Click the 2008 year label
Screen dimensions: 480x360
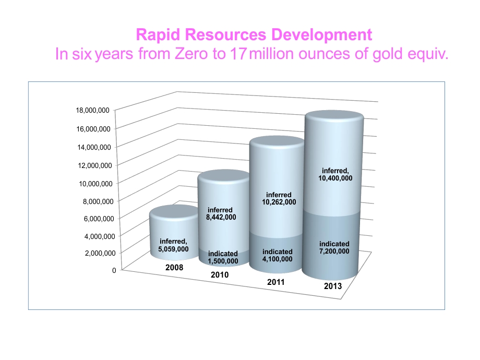(x=174, y=268)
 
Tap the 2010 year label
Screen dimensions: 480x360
(x=220, y=275)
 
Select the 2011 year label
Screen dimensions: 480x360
(x=276, y=282)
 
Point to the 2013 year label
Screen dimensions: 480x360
(x=333, y=286)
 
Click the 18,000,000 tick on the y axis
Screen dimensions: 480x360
(x=92, y=110)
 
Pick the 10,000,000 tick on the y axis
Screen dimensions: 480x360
(x=95, y=184)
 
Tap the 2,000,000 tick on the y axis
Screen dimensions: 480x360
(x=100, y=253)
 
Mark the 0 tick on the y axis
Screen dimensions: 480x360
(x=114, y=270)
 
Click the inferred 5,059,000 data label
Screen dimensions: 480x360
(x=173, y=245)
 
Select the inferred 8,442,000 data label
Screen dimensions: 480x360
(x=221, y=214)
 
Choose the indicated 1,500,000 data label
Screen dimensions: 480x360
(x=223, y=257)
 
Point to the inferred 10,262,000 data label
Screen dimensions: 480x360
(x=279, y=198)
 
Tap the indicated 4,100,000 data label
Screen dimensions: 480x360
(x=278, y=255)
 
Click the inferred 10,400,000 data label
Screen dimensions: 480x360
(x=335, y=174)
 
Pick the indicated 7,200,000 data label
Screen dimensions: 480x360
(x=334, y=248)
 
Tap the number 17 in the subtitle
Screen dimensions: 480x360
(x=238, y=54)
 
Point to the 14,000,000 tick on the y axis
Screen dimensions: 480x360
(x=94, y=147)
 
